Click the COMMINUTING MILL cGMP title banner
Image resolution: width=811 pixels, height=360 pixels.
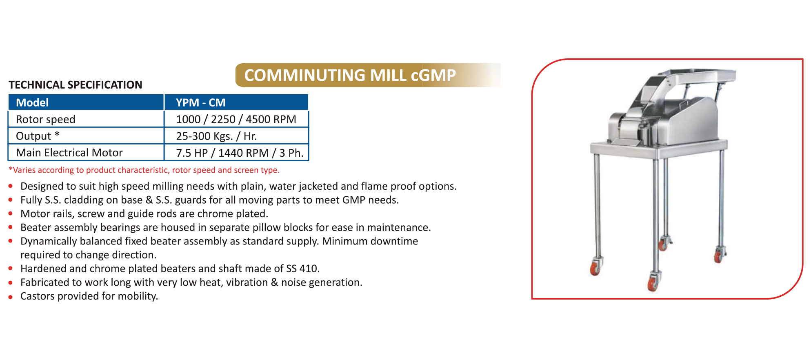[368, 75]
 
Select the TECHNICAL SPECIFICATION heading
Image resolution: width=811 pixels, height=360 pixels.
[76, 85]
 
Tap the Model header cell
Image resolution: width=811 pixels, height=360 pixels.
[86, 102]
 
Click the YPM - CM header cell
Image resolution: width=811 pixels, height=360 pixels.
[236, 102]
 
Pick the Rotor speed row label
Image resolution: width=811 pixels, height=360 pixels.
[46, 119]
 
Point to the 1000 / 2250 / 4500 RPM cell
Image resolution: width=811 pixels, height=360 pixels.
[236, 119]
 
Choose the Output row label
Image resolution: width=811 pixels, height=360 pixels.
[38, 136]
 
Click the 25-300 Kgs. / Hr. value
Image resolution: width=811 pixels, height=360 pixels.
[216, 136]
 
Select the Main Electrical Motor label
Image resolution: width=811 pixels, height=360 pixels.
[69, 153]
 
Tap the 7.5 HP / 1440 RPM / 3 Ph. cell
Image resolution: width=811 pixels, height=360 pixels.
[240, 153]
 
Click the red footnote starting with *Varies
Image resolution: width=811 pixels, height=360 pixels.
[144, 170]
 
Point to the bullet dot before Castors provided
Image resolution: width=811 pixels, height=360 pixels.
[11, 297]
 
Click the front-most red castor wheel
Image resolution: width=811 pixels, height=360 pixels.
[653, 283]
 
